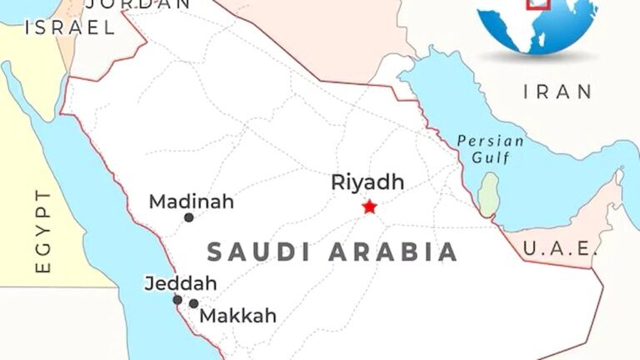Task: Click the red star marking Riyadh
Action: (x=369, y=206)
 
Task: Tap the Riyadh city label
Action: (x=367, y=182)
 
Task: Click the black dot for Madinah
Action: (x=189, y=217)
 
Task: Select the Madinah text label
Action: (x=191, y=202)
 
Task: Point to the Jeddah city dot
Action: (x=177, y=300)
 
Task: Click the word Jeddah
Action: (x=180, y=283)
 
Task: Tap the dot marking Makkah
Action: (x=193, y=303)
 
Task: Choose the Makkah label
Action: (x=237, y=317)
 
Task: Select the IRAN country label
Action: (x=557, y=92)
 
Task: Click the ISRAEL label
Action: (x=70, y=27)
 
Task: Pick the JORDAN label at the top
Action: (x=138, y=4)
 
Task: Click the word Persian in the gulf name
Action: (x=491, y=141)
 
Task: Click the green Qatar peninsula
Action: (x=490, y=194)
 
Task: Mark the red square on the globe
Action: (x=540, y=3)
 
